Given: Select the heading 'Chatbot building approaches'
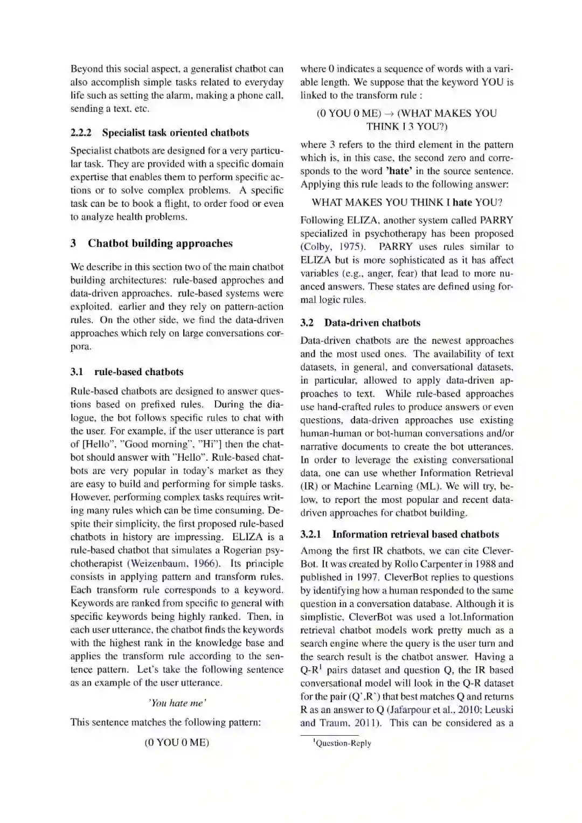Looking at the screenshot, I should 160,244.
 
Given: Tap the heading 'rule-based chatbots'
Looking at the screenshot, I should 138,372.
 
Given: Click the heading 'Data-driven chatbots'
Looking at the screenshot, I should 372,323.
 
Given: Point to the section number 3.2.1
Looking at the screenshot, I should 310,535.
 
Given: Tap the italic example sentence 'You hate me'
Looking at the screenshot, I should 177,703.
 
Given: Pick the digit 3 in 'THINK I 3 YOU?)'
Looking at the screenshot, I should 410,127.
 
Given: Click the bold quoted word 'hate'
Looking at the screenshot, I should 399,171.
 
